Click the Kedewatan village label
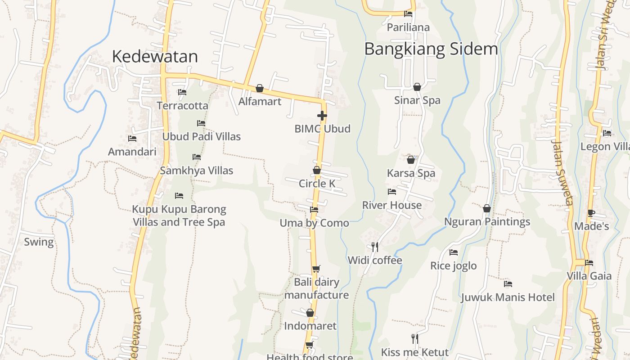tap(155, 56)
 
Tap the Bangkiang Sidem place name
tap(431, 49)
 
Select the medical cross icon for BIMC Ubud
tap(322, 116)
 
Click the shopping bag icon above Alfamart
tap(260, 88)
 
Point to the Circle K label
tap(317, 184)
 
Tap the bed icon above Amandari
tap(132, 139)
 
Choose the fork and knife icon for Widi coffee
tap(375, 247)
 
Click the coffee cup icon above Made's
tap(591, 213)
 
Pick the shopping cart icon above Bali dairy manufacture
tap(316, 269)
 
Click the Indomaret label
tap(310, 326)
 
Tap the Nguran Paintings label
tap(487, 222)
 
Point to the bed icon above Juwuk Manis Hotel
tap(508, 284)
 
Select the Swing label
tap(39, 242)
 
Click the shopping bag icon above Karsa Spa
tap(411, 160)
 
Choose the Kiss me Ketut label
tap(415, 352)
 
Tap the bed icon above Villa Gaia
tap(589, 263)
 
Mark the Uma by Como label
tap(314, 223)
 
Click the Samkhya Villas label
tap(197, 171)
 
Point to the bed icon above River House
tap(392, 192)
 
